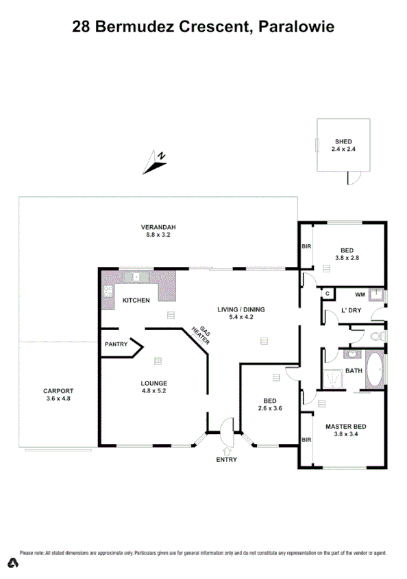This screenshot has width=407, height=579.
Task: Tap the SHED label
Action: coord(343,141)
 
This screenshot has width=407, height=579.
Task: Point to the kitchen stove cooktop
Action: coord(108,291)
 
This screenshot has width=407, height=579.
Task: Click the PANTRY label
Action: coord(116,344)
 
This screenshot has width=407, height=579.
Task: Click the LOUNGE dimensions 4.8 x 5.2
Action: coord(154,391)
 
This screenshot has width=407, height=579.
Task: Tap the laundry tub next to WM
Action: coord(376,296)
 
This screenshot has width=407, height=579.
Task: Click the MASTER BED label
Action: coord(345,427)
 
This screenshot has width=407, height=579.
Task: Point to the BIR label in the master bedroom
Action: coord(306,440)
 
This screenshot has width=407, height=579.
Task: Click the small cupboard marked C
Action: coord(328,294)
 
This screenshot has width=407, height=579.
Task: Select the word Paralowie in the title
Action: coord(296,27)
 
